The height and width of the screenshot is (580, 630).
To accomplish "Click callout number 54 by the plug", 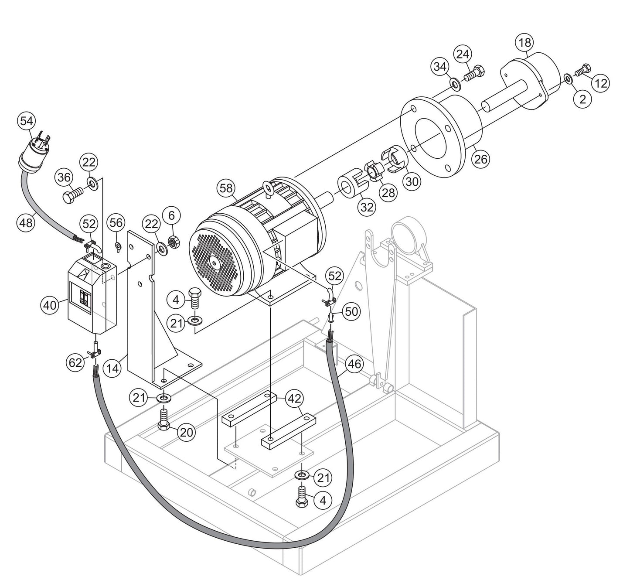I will pos(26,122).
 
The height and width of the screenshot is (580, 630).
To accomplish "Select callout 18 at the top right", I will pos(525,43).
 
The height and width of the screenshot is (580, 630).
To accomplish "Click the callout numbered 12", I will pos(601,83).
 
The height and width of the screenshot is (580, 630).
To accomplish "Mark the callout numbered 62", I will pos(75,362).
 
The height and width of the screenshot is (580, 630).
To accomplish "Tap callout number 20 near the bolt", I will pos(187,432).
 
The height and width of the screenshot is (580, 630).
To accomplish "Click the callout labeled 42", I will pos(295,398).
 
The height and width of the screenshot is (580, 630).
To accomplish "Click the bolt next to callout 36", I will pos(73,194).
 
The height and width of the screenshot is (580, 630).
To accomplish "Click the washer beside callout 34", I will pos(454,83).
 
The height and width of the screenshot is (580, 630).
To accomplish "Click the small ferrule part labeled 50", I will pos(332,315).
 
